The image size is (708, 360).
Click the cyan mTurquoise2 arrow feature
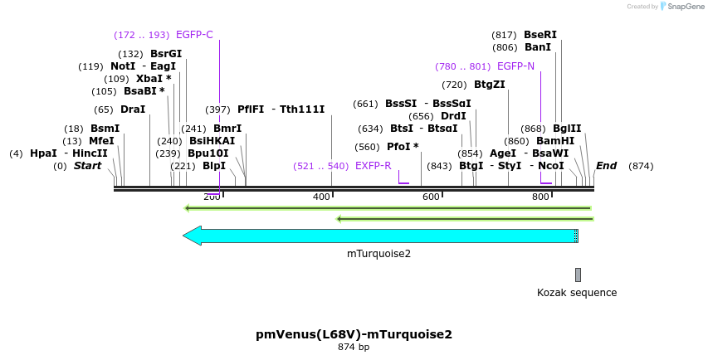point(382,236)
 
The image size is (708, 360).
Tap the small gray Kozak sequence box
point(578,275)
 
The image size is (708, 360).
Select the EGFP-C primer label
point(194,35)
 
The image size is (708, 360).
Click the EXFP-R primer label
point(373,166)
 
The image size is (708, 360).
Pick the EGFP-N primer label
point(515,66)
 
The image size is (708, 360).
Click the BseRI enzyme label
point(540,35)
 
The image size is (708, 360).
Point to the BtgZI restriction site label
point(489,85)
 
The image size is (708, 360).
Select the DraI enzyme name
point(133,109)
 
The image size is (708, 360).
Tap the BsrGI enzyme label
point(166,54)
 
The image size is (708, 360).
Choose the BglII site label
point(567,129)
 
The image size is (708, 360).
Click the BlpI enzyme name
point(214,166)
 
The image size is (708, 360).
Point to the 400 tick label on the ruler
point(321,197)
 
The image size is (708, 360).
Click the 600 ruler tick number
point(431,197)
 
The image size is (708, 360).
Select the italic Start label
point(87,166)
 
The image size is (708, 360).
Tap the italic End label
point(606,166)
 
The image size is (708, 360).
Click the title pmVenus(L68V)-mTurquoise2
point(354,334)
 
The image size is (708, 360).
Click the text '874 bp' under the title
point(354,348)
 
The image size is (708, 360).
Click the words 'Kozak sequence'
point(577,293)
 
